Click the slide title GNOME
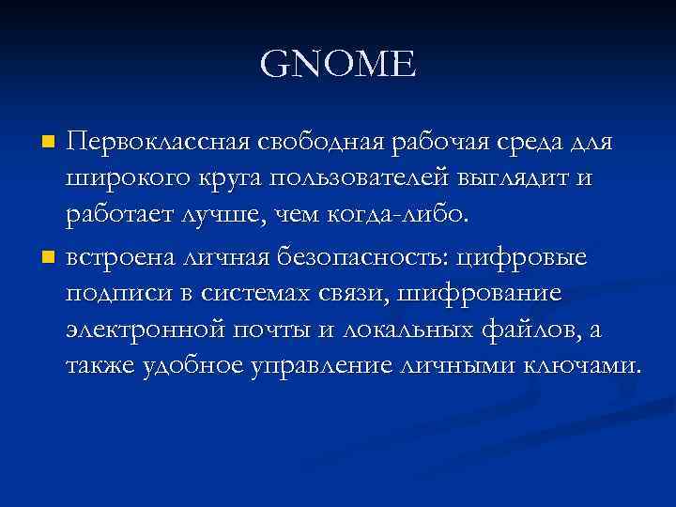[x=337, y=66]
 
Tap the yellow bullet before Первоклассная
[x=50, y=143]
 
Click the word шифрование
[x=480, y=293]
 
